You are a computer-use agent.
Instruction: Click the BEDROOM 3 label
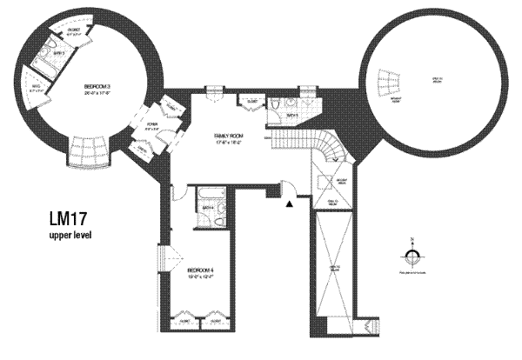[x=97, y=87]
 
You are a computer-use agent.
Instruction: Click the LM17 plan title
[x=69, y=219]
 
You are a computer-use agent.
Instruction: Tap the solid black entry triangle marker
[x=288, y=203]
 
